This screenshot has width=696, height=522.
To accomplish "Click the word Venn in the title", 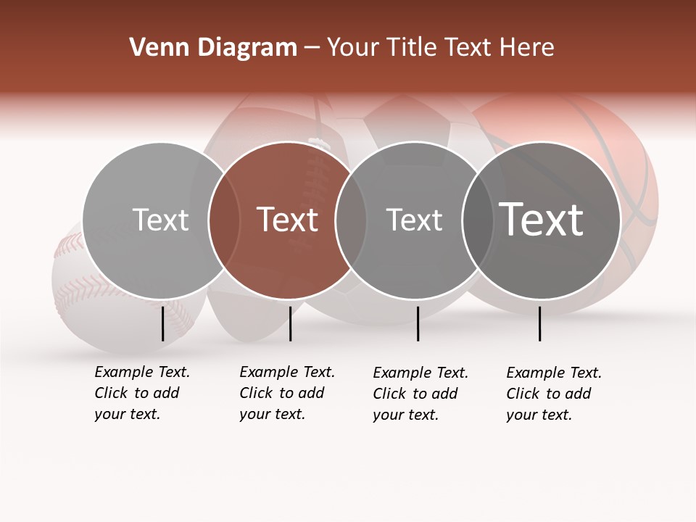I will point(158,48).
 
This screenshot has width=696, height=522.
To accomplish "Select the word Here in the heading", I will point(529,48).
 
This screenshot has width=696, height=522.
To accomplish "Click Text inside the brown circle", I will point(288,220).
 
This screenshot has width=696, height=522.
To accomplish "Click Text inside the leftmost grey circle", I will point(160,220).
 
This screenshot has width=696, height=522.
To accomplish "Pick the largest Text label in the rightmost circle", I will point(542,220).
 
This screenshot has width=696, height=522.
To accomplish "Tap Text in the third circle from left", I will point(414,220).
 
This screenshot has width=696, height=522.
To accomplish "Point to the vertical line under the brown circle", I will point(290,323).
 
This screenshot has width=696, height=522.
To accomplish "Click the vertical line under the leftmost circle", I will point(163,323).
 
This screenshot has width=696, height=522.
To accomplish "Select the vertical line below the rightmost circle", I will point(540,323).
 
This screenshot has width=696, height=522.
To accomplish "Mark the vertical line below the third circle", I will point(418,323).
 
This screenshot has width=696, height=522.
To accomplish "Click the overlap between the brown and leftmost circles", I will point(224,220).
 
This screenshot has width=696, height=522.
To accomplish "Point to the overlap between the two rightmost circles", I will point(477,220).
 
